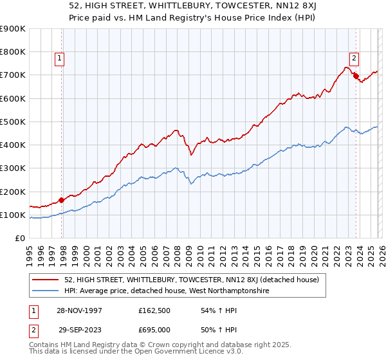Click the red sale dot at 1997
pyautogui.click(x=62, y=200)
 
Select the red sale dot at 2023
pyautogui.click(x=356, y=76)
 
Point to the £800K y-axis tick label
pyautogui.click(x=13, y=52)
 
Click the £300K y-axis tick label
pyautogui.click(x=13, y=168)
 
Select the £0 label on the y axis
pyautogui.click(x=19, y=239)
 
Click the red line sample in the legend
pyautogui.click(x=46, y=279)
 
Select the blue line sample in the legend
pyautogui.click(x=46, y=291)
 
